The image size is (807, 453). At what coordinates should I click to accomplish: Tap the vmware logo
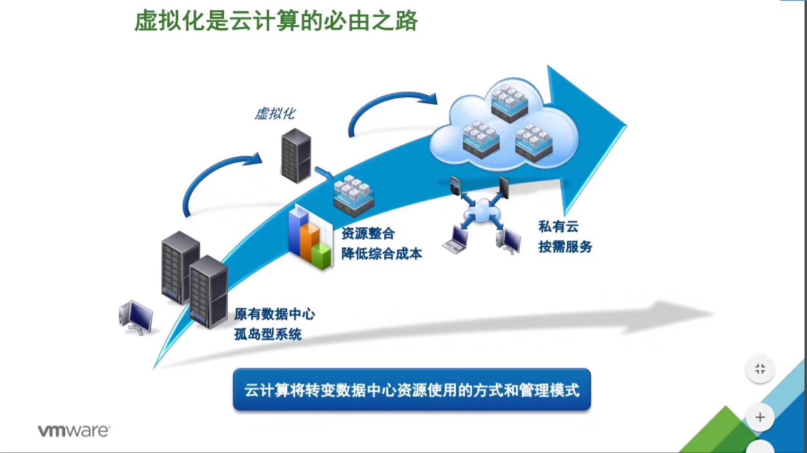pyautogui.click(x=74, y=431)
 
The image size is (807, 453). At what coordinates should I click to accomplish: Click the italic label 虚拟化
pyautogui.click(x=274, y=114)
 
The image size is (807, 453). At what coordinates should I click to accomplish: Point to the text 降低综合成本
pyautogui.click(x=382, y=254)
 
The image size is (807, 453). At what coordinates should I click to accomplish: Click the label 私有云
pyautogui.click(x=558, y=226)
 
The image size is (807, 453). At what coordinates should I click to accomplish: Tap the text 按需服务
pyautogui.click(x=566, y=247)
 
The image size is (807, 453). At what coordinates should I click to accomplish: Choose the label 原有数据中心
pyautogui.click(x=274, y=314)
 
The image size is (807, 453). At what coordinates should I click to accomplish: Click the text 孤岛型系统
pyautogui.click(x=267, y=334)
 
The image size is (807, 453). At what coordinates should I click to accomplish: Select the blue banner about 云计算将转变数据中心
pyautogui.click(x=412, y=390)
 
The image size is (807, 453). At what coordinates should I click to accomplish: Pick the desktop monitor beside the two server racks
pyautogui.click(x=136, y=317)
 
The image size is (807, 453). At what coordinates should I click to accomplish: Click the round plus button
pyautogui.click(x=760, y=418)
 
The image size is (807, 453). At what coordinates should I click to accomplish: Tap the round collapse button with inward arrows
pyautogui.click(x=760, y=370)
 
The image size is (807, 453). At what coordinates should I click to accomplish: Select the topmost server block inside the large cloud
pyautogui.click(x=509, y=102)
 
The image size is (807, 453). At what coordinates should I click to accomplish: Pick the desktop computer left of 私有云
pyautogui.click(x=509, y=241)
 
